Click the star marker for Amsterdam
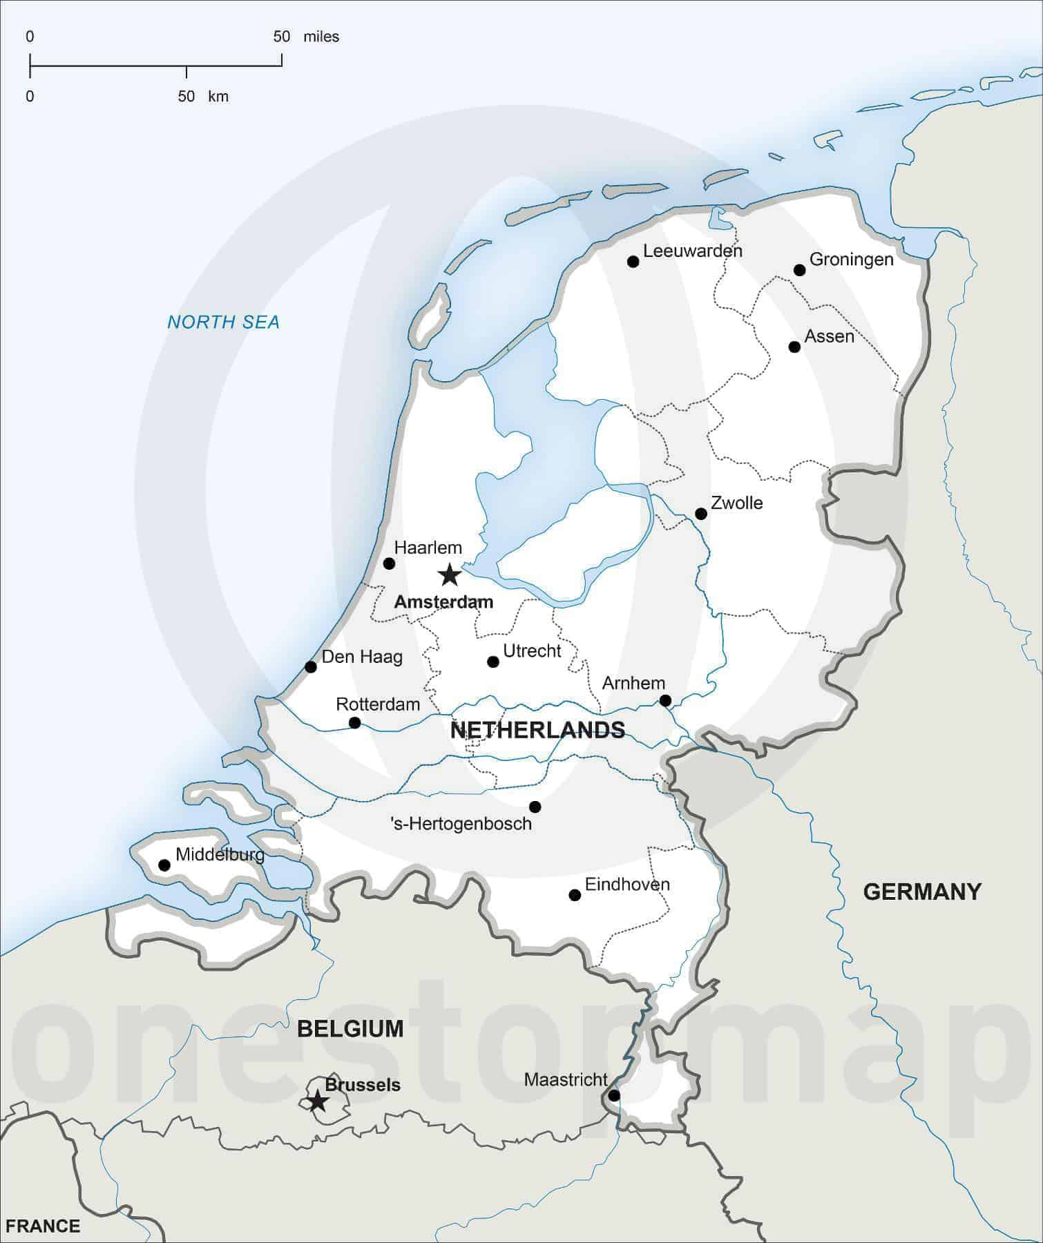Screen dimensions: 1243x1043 coord(450,574)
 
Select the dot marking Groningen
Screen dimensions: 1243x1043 coord(800,270)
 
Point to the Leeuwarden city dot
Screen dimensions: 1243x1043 coord(633,261)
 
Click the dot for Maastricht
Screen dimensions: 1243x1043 coord(614,1095)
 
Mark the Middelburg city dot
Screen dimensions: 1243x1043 coord(164,865)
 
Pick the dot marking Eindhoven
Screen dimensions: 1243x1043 coord(575,895)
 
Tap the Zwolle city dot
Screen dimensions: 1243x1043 coord(701,514)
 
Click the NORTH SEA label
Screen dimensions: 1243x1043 coord(223,322)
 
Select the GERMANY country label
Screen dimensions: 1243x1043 coord(922,892)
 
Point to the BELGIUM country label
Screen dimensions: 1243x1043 coord(350,1028)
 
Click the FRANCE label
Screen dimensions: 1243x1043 coord(43,1226)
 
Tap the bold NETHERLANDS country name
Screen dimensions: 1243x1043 coord(537,730)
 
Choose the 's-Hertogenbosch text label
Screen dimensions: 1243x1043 coord(461,823)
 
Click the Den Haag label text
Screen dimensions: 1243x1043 coord(362,656)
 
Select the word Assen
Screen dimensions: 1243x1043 coord(830,336)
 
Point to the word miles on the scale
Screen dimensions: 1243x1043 coord(321,37)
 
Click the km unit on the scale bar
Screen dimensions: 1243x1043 coord(218,97)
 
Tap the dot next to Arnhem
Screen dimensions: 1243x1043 coord(665,700)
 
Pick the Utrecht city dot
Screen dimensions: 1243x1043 coord(493,662)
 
